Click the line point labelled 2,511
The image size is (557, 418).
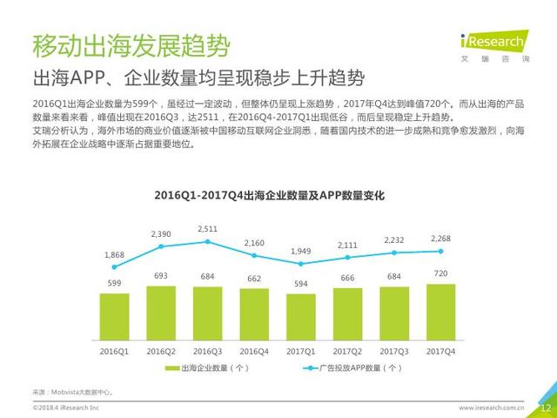(x=207, y=240)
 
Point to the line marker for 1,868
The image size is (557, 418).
(x=114, y=266)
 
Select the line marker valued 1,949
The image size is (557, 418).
(x=301, y=263)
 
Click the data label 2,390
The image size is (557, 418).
(x=161, y=234)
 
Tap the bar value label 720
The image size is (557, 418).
(x=441, y=273)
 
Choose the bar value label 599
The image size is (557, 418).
(x=114, y=283)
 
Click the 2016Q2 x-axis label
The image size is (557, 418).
(x=161, y=351)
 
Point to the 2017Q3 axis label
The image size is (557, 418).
(x=394, y=351)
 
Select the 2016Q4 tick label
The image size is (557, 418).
(x=254, y=351)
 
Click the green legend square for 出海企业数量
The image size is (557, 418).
(x=171, y=369)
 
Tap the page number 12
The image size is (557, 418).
(x=546, y=408)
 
